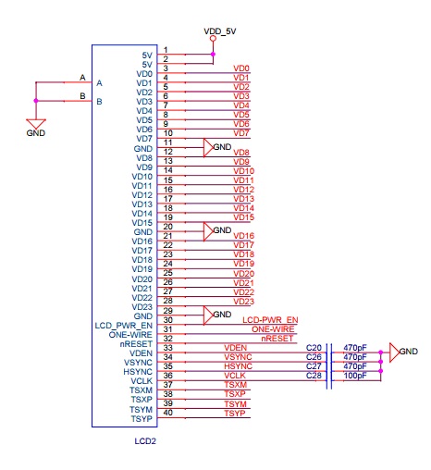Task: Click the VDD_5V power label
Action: pyautogui.click(x=220, y=31)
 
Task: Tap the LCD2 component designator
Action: pyautogui.click(x=145, y=441)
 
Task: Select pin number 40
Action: pyautogui.click(x=167, y=413)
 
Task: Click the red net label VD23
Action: pyautogui.click(x=243, y=302)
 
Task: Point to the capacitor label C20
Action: pyautogui.click(x=314, y=348)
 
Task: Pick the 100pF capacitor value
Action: pyautogui.click(x=355, y=376)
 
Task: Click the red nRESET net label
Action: pyautogui.click(x=277, y=339)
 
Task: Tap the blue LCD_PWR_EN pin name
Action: pyautogui.click(x=124, y=326)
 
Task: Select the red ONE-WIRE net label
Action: pyautogui.click(x=273, y=329)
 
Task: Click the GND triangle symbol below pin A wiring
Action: pyautogui.click(x=36, y=124)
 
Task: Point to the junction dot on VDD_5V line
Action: pyautogui.click(x=213, y=55)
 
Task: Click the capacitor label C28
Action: pyautogui.click(x=314, y=376)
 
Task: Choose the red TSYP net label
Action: pyautogui.click(x=235, y=414)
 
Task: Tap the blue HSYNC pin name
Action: pyautogui.click(x=138, y=372)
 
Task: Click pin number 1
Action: pyautogui.click(x=166, y=50)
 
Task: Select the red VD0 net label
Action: pyautogui.click(x=241, y=68)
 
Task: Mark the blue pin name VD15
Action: pyautogui.click(x=142, y=223)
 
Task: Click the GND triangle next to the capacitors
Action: pyautogui.click(x=395, y=352)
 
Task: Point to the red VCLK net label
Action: pyautogui.click(x=235, y=376)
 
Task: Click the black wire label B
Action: pyautogui.click(x=82, y=96)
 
